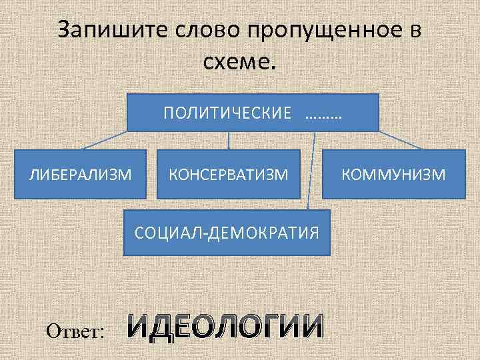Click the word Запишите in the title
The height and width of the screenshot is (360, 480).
112,31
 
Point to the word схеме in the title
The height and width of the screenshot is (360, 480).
236,63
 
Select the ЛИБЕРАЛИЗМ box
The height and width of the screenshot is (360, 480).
79,175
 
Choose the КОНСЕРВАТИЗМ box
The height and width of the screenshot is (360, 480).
229,175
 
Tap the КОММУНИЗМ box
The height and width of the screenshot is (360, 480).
393,175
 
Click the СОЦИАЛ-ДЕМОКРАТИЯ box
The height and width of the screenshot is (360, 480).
227,233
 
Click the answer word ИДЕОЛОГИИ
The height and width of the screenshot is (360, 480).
225,325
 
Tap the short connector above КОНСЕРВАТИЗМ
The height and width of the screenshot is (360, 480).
229,140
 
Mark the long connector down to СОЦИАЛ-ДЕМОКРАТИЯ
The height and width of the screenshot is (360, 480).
311,171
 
